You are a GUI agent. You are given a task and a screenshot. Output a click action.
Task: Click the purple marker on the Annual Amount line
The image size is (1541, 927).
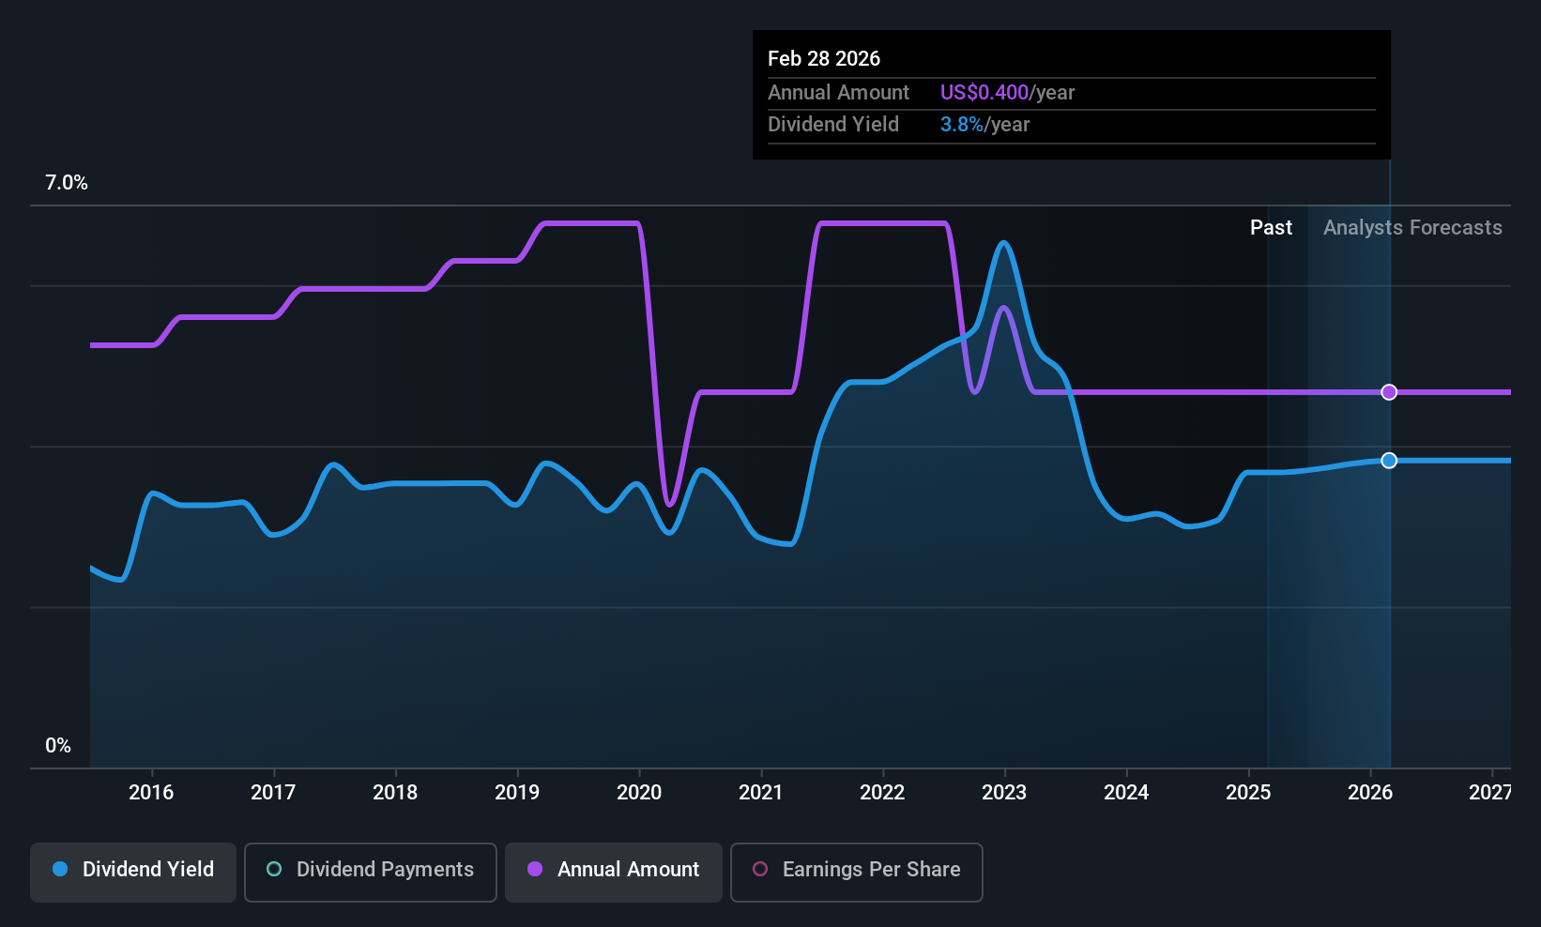click(x=1389, y=392)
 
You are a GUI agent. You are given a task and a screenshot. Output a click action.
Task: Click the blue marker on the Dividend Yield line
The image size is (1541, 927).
click(x=1389, y=460)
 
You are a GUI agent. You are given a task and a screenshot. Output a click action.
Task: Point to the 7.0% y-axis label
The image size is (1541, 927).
click(x=67, y=183)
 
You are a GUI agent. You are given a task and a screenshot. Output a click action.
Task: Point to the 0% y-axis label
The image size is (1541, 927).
click(x=58, y=746)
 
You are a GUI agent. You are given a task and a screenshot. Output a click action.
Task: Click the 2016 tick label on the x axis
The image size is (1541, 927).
click(x=151, y=792)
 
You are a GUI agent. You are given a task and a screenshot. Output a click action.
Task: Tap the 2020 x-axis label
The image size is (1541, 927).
click(x=639, y=792)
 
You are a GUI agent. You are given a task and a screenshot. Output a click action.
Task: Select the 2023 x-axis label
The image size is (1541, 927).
click(x=1004, y=792)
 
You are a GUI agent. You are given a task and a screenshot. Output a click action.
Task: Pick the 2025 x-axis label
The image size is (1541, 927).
click(x=1248, y=792)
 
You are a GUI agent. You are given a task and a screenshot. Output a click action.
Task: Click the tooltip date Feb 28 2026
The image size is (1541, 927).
click(x=823, y=58)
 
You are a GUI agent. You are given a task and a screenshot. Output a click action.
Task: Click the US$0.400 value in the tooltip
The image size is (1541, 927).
click(x=984, y=92)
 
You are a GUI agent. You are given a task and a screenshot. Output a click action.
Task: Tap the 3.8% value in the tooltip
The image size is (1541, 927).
click(x=962, y=125)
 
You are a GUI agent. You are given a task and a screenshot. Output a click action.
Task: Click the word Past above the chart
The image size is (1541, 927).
click(x=1271, y=228)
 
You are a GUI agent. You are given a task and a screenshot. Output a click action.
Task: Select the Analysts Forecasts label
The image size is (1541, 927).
click(x=1412, y=228)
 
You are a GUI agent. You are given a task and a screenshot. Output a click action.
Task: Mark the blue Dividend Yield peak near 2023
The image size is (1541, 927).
click(x=1004, y=243)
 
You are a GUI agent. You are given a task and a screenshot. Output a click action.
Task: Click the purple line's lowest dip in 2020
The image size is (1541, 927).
click(x=669, y=505)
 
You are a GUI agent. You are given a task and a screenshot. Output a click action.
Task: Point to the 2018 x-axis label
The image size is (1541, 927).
click(x=395, y=792)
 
